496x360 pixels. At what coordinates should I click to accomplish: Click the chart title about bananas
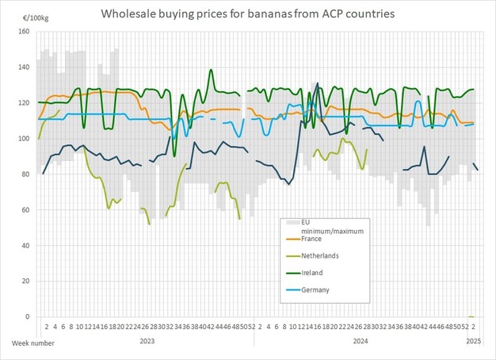247,14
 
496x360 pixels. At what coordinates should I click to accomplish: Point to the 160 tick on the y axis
24,32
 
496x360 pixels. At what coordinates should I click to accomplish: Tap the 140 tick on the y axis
24,67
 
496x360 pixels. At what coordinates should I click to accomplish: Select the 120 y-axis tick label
24,103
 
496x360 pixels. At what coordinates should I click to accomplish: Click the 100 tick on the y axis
24,139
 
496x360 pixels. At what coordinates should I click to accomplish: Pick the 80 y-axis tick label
25,174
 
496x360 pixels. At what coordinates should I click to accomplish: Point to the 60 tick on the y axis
25,210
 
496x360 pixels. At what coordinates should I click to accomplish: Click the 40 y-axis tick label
25,246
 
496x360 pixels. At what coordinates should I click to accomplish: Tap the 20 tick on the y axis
25,281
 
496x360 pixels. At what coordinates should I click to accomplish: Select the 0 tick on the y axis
28,317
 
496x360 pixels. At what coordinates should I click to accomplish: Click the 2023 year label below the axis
147,342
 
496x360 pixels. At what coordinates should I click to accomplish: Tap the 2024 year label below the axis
361,342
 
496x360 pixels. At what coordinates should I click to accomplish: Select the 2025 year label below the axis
473,342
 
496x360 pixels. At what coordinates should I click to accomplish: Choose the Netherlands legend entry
320,255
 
